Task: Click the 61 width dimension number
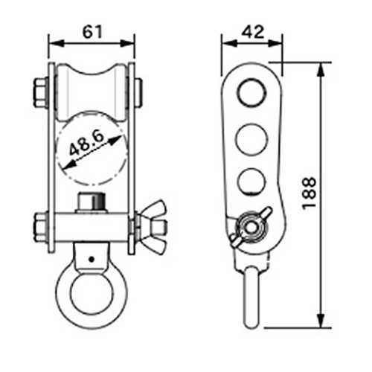click(x=92, y=32)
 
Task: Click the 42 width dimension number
click(x=253, y=32)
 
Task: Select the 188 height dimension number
click(x=309, y=193)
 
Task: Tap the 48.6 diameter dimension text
click(x=86, y=143)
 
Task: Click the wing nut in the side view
click(x=251, y=227)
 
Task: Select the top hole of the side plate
click(x=251, y=93)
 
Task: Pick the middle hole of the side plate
click(x=251, y=140)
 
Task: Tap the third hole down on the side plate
click(x=251, y=181)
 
